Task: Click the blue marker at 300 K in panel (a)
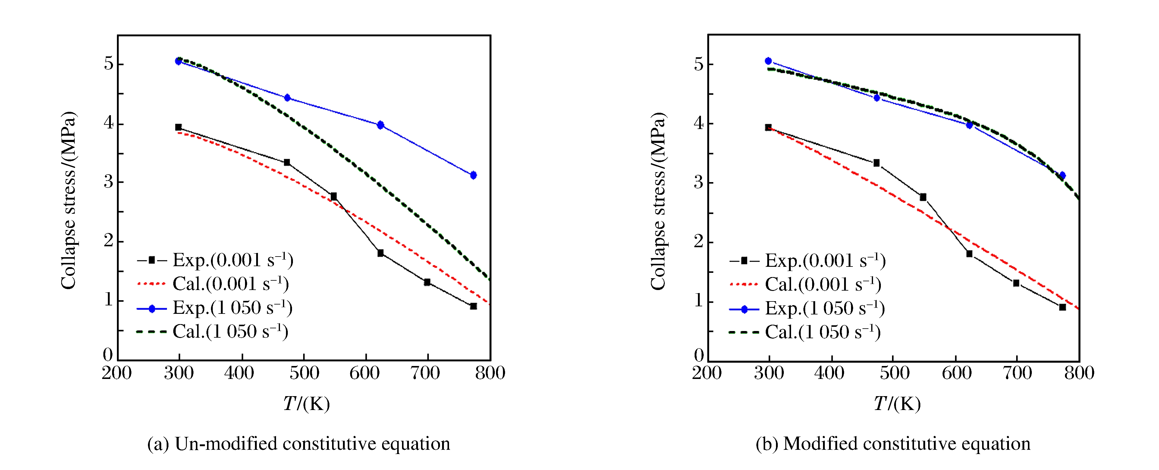(x=179, y=61)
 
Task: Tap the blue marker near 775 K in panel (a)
(x=473, y=175)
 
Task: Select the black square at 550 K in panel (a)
(x=333, y=196)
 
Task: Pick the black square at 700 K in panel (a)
(x=427, y=282)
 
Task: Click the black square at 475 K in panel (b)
(x=876, y=163)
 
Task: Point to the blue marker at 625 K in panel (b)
(x=969, y=125)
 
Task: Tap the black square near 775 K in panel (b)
(x=1062, y=307)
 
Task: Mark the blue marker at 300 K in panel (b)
(x=768, y=61)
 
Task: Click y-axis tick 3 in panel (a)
(x=108, y=182)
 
